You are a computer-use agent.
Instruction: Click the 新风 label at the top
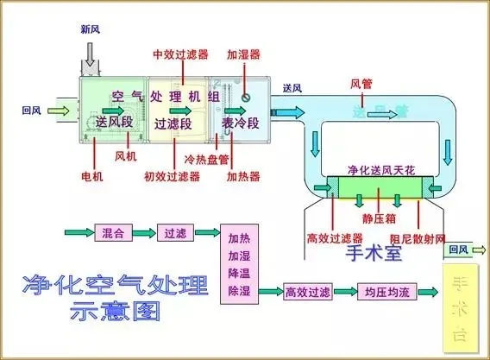pyautogui.click(x=91, y=29)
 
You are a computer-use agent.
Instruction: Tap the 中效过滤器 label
pyautogui.click(x=179, y=54)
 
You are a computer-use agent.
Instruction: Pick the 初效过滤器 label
pyautogui.click(x=172, y=177)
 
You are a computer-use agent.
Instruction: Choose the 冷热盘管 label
pyautogui.click(x=207, y=160)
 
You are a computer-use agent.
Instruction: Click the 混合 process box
pyautogui.click(x=113, y=233)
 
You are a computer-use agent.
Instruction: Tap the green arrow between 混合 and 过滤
pyautogui.click(x=144, y=233)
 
